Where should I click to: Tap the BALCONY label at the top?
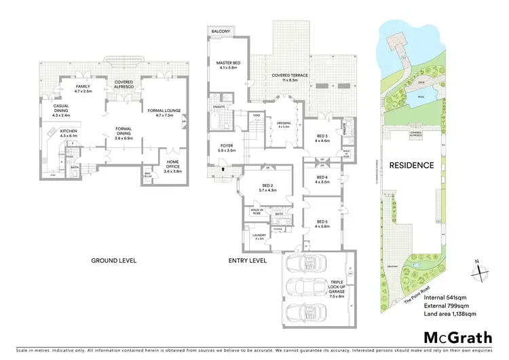point(219,31)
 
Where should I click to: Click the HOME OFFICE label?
point(173,166)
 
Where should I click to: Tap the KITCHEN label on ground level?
point(70,134)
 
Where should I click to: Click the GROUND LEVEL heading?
point(113,260)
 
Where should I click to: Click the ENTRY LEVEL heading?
point(246,260)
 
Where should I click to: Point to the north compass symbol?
point(478,270)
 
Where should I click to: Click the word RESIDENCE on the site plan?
point(411,165)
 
